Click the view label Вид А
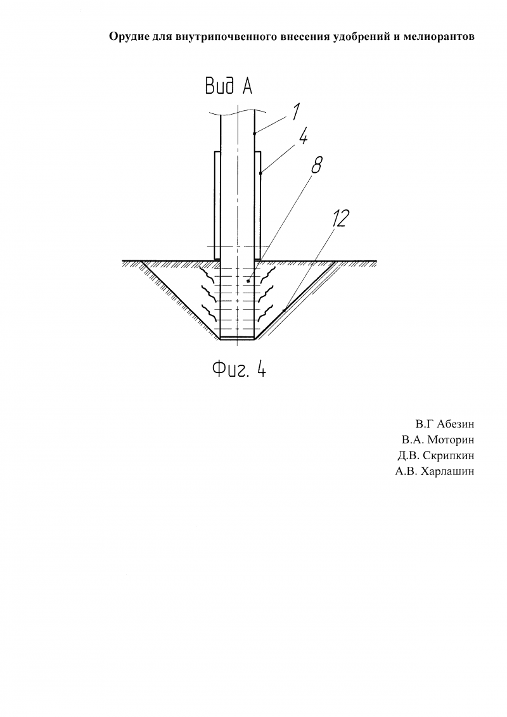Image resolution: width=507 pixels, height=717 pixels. tap(228, 86)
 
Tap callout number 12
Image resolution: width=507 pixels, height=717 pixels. tap(340, 219)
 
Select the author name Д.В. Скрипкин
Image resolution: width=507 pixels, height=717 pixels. tap(436, 456)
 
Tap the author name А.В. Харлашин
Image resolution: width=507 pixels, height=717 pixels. tap(435, 471)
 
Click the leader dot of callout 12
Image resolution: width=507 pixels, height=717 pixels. tap(284, 311)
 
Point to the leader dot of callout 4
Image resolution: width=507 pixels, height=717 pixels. tap(260, 174)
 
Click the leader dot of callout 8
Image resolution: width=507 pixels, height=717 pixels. tap(248, 282)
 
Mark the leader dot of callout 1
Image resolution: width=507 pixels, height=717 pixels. tap(254, 133)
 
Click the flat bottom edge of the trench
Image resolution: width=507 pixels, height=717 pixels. tap(237, 339)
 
